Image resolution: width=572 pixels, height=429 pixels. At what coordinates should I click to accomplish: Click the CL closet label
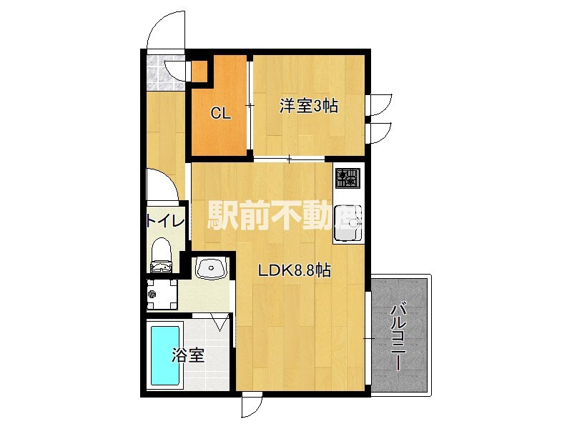pyautogui.click(x=221, y=114)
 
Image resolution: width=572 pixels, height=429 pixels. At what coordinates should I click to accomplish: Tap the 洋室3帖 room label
pyautogui.click(x=309, y=106)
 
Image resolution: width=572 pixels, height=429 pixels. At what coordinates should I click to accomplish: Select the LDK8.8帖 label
pyautogui.click(x=295, y=271)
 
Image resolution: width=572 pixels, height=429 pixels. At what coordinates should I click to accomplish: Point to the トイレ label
pyautogui.click(x=165, y=221)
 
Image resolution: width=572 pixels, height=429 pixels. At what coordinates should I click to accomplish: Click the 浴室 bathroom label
pyautogui.click(x=188, y=355)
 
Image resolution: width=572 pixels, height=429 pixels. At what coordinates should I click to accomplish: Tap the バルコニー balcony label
pyautogui.click(x=399, y=337)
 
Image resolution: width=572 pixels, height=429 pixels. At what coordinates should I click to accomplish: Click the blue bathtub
pyautogui.click(x=165, y=355)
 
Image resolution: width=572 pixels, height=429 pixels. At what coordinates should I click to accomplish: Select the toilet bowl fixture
pyautogui.click(x=161, y=255)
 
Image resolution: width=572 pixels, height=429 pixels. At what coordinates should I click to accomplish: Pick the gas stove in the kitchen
pyautogui.click(x=347, y=178)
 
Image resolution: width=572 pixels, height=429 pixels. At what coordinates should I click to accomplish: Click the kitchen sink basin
pyautogui.click(x=348, y=223)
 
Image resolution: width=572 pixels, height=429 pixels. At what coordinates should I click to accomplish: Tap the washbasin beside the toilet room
pyautogui.click(x=211, y=268)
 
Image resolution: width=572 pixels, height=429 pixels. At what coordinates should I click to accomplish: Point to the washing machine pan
pyautogui.click(x=162, y=294)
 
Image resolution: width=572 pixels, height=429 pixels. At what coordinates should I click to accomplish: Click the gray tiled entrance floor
pyautogui.click(x=165, y=73)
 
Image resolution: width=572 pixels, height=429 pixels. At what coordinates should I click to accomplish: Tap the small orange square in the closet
pyautogui.click(x=199, y=71)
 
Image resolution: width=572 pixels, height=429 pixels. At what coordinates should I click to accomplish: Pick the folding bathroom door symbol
pyautogui.click(x=220, y=322)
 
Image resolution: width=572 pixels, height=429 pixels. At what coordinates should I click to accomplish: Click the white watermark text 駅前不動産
pyautogui.click(x=285, y=216)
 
